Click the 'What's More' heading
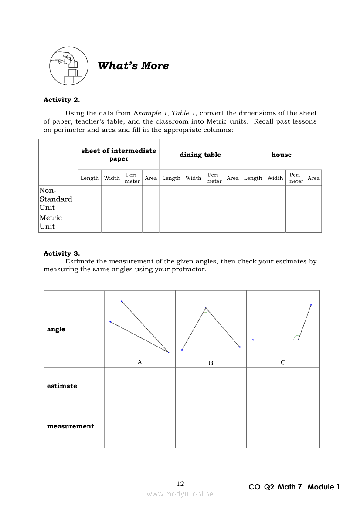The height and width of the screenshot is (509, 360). coord(133,66)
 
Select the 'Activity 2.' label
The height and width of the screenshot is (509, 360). coord(61,100)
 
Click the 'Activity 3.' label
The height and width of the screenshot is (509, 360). coord(61,253)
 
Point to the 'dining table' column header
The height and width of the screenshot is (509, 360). coord(200,155)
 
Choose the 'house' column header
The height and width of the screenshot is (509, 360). coord(281,155)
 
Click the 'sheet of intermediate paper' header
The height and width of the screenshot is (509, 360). coord(119,155)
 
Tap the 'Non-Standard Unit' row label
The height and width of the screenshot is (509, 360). coord(56,199)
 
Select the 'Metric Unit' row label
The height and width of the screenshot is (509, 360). coord(51,222)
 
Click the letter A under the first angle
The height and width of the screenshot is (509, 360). coord(139,362)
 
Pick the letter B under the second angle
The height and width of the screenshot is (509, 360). coord(211,363)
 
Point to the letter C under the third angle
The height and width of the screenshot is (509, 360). coord(283,362)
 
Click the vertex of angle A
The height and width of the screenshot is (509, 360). coord(169,352)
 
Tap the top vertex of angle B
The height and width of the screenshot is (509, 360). coord(206,308)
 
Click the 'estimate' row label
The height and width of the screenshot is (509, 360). coord(62,386)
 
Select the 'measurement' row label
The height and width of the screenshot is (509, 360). coord(71,426)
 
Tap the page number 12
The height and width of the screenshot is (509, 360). coord(180,484)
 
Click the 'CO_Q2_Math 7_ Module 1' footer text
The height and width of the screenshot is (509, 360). coord(294,487)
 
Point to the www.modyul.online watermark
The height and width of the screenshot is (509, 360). coord(180,494)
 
